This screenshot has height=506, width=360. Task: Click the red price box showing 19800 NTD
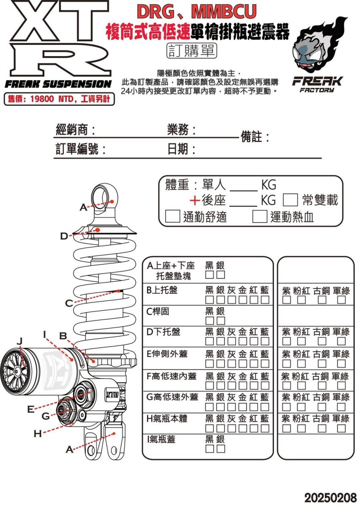pos(59,100)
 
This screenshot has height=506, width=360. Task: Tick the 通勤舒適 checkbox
pos(172,217)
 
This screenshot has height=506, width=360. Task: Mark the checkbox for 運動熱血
pos(260,217)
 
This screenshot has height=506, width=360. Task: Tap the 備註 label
pos(255,137)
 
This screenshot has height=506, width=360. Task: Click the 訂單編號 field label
pos(81,149)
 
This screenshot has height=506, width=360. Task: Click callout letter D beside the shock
pos(64,236)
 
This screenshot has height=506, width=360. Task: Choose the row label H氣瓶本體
pos(167,419)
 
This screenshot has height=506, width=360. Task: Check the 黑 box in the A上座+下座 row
pos(210,275)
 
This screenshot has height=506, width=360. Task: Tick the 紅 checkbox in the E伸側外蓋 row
pos(254,364)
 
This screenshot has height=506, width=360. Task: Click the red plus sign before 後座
pos(195,200)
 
